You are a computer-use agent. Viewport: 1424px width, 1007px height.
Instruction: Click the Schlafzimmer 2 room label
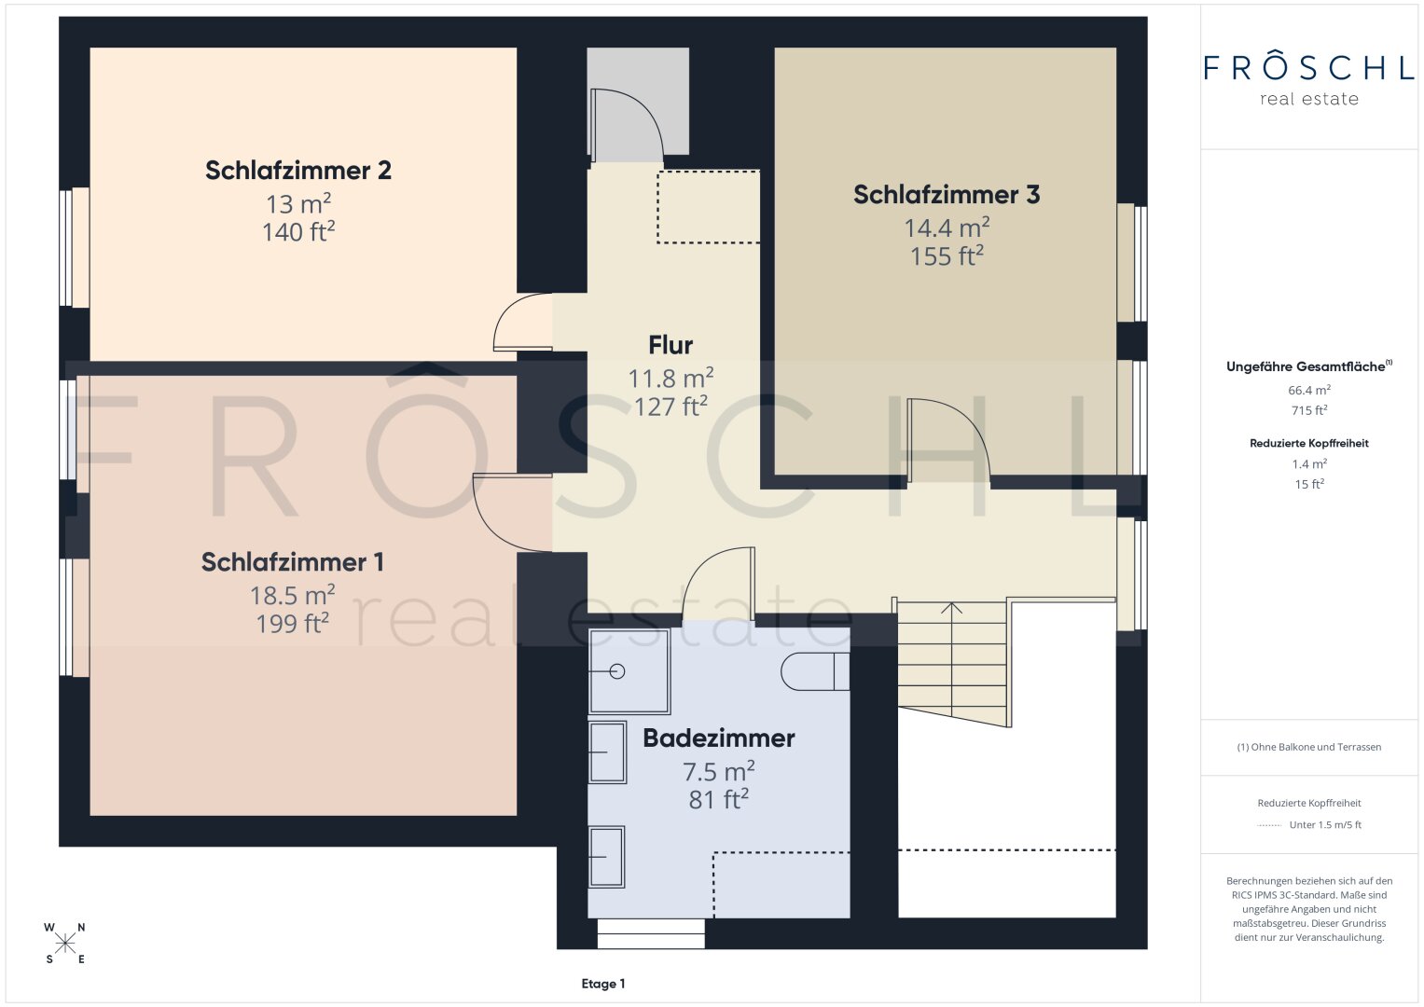(x=298, y=171)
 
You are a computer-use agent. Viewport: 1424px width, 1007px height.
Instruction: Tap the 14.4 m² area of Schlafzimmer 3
(x=947, y=227)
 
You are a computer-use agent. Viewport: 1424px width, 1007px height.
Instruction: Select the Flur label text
(x=671, y=345)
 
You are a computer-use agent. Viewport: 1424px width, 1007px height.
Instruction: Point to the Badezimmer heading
(x=718, y=738)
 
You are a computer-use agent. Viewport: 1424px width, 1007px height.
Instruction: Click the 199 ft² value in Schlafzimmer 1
(x=293, y=624)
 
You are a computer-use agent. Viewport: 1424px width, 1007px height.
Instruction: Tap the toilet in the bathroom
(x=814, y=671)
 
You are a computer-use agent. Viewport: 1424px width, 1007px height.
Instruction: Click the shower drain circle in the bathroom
(x=616, y=671)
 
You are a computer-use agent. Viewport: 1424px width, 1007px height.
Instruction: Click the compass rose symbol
(x=65, y=944)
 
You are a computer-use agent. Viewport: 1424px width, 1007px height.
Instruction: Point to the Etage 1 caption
(x=603, y=984)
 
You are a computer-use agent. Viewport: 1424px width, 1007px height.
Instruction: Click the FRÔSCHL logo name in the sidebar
(x=1309, y=67)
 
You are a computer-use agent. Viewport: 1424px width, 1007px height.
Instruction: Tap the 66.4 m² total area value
(x=1309, y=390)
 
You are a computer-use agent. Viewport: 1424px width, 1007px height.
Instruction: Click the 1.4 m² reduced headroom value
(x=1309, y=463)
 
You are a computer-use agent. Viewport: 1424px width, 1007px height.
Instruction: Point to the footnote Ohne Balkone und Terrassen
(x=1309, y=747)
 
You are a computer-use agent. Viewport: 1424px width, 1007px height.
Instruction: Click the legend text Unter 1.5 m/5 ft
(x=1325, y=824)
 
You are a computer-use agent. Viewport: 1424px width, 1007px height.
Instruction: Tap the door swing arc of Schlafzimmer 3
(x=965, y=420)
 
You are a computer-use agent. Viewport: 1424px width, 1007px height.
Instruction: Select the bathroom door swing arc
(x=702, y=566)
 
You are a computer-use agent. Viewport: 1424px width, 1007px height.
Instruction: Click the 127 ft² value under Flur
(x=671, y=407)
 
